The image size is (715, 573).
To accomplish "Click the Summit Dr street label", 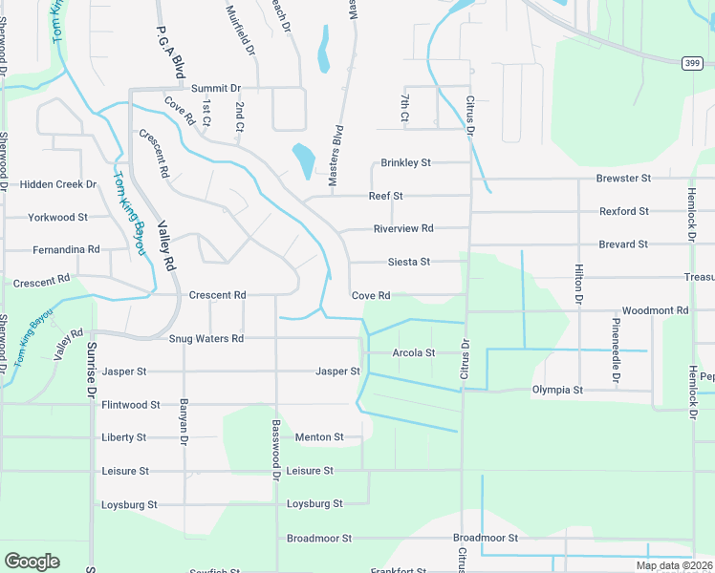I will tap(215, 89).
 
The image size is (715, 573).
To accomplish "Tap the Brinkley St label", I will tap(406, 163).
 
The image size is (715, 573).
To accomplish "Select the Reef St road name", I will tap(386, 196).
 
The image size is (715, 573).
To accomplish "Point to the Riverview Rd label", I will tap(403, 229).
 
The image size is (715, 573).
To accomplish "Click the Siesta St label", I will tap(409, 262).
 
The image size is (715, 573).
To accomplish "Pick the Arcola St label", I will tap(414, 353).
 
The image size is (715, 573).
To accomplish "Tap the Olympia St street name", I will tap(557, 391).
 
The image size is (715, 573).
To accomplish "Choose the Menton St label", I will tap(319, 437).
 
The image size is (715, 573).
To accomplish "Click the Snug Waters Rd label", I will tap(206, 339).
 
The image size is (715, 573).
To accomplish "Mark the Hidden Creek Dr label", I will tap(59, 184).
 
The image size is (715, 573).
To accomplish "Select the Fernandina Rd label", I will tap(66, 249).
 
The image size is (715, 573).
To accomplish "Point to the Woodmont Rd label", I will tap(655, 311).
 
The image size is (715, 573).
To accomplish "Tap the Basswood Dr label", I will tap(276, 449).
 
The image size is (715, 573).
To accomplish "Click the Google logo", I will tap(32, 562).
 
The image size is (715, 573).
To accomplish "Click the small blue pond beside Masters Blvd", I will tap(303, 157).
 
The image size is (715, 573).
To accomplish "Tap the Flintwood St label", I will tap(131, 405).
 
